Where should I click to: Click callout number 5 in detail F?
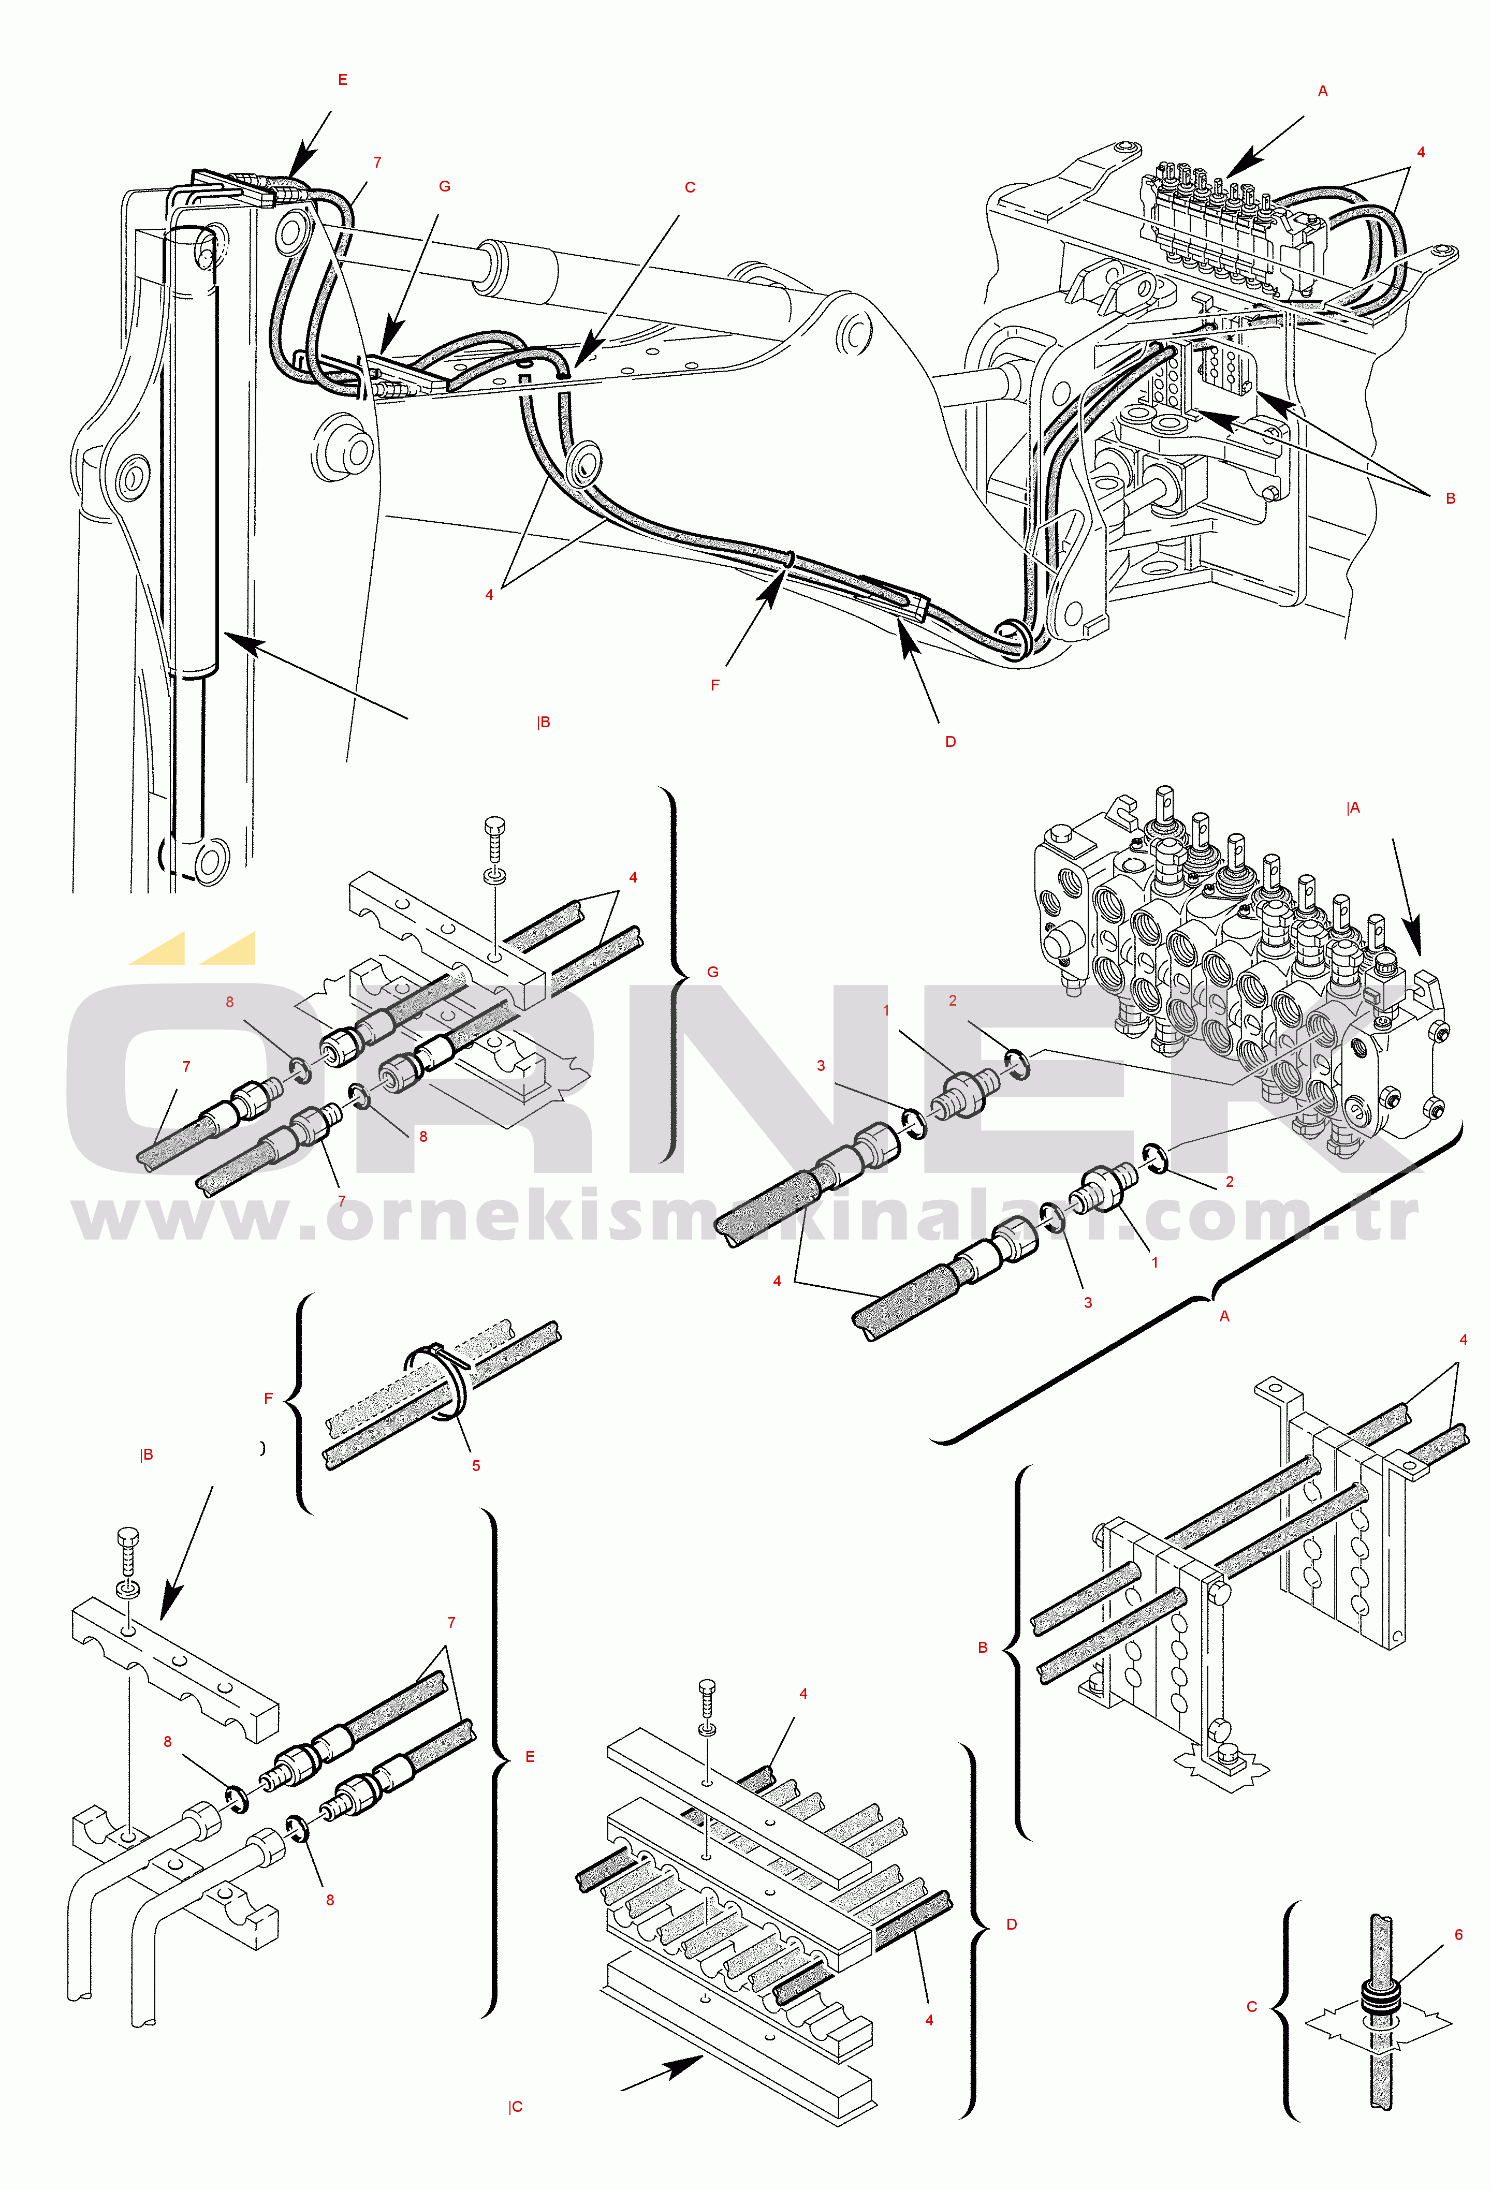pos(476,1465)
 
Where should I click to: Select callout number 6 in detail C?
pos(1458,1935)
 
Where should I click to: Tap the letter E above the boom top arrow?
pos(342,80)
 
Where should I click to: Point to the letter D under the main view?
pos(950,742)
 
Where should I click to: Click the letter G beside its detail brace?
pos(712,972)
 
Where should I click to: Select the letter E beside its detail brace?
pos(530,1757)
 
